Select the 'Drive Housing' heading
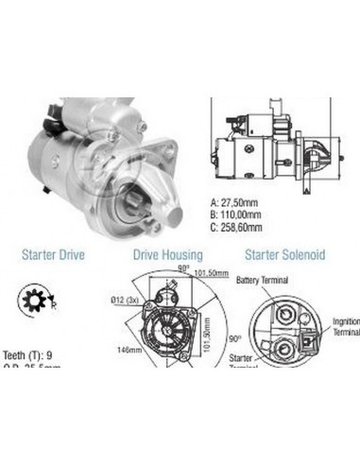[x=166, y=254]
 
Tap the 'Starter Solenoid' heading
[x=284, y=254]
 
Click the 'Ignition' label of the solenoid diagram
[x=346, y=321]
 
